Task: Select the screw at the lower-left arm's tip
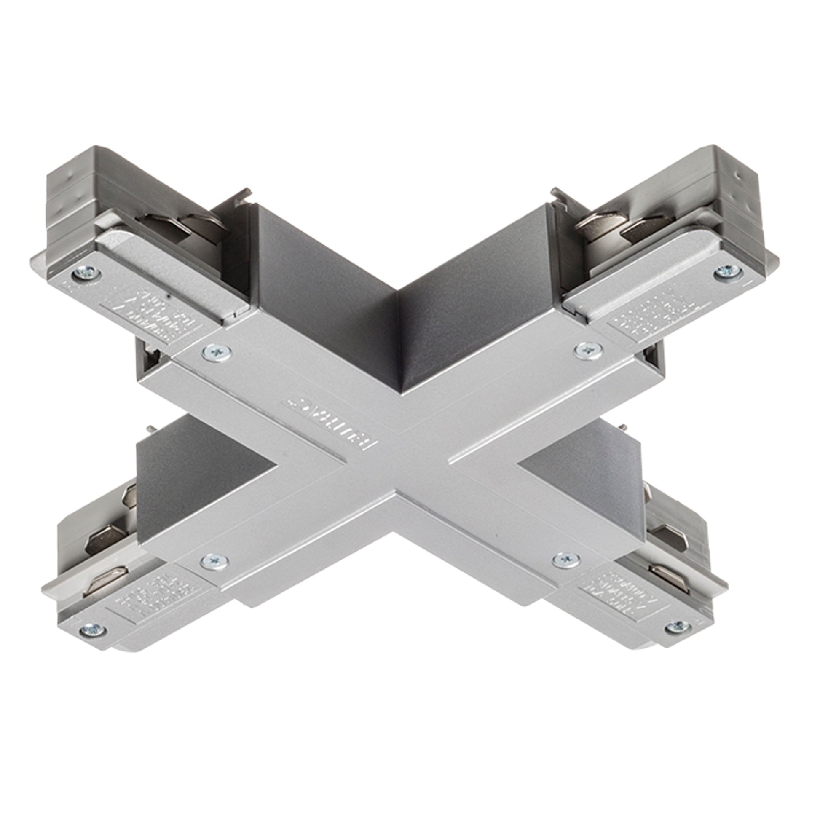(x=92, y=630)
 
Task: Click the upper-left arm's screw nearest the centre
(x=217, y=351)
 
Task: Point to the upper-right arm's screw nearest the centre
(x=588, y=350)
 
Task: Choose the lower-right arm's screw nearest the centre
(x=567, y=560)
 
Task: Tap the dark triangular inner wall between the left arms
(x=199, y=480)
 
